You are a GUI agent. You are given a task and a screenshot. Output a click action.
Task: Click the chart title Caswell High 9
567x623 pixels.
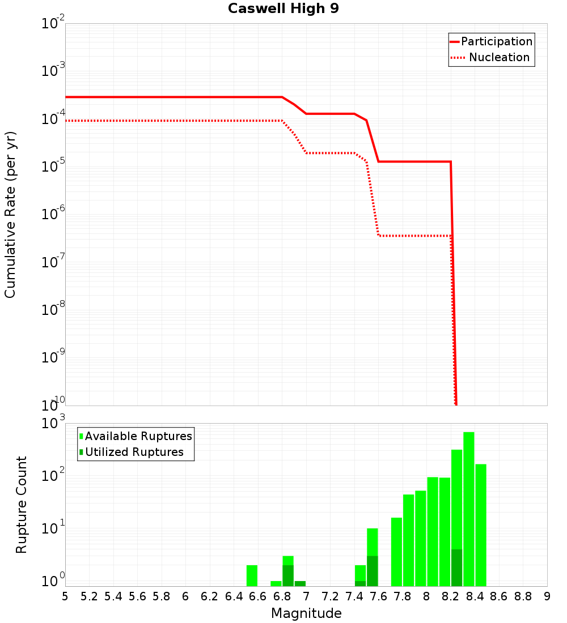(x=283, y=9)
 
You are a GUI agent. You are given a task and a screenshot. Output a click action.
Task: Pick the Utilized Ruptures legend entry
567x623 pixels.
(x=134, y=452)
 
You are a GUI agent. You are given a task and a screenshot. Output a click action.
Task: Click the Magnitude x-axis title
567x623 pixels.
(x=306, y=613)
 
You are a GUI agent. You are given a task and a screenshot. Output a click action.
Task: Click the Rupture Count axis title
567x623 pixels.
(x=22, y=505)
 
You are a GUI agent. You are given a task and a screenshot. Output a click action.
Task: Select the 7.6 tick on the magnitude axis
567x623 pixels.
(x=378, y=596)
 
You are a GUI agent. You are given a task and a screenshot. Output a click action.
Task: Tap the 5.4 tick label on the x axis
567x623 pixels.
(x=113, y=596)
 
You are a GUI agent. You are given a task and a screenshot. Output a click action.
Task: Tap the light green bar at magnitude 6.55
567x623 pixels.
(x=252, y=575)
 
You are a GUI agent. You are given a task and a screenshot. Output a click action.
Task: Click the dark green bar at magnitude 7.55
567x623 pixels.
(x=372, y=571)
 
